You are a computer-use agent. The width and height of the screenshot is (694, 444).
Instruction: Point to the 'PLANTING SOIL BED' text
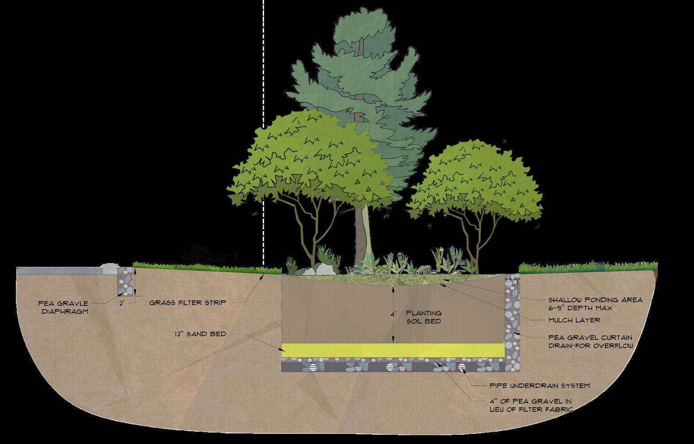(424, 317)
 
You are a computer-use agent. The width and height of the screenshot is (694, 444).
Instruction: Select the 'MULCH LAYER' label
(574, 320)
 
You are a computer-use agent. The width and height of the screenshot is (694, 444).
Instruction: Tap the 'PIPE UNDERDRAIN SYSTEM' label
(540, 386)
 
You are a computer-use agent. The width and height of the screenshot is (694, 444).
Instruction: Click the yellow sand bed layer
(394, 350)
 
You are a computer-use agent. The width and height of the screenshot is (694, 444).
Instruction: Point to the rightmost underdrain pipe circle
(462, 367)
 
